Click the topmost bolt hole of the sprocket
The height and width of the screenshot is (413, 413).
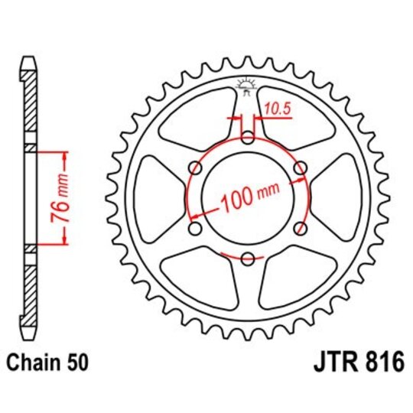[x=248, y=138]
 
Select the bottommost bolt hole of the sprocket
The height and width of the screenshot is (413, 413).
[x=248, y=260]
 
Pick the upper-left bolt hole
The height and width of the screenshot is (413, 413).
[x=194, y=168]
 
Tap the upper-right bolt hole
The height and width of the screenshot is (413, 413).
[x=301, y=168]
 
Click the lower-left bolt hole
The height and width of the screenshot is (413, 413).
[x=194, y=229]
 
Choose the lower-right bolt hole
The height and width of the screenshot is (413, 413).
[x=301, y=229]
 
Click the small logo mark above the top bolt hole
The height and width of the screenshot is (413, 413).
[x=247, y=86]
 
